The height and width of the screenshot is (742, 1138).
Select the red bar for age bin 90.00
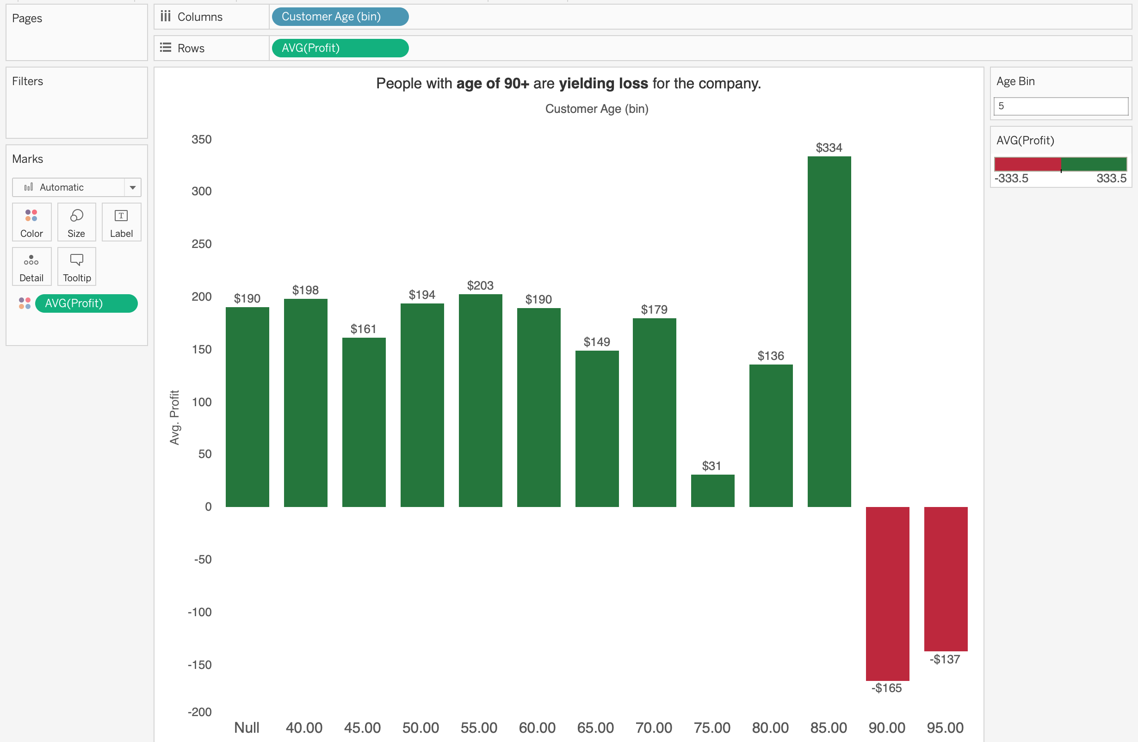pos(887,593)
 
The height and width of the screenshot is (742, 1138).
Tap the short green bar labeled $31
pos(712,490)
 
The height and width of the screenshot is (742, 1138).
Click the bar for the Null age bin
pos(247,406)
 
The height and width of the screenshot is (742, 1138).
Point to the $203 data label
pos(480,285)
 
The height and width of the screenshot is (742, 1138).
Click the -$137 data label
pos(945,659)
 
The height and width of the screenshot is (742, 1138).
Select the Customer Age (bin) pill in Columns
pos(340,17)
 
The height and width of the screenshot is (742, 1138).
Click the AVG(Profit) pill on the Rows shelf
pos(340,48)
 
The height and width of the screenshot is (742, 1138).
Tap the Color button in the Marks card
pos(31,223)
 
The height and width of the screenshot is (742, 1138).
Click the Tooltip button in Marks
pos(76,267)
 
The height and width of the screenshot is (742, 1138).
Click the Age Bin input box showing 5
pos(1061,106)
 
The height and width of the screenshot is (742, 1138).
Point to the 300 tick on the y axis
pos(201,191)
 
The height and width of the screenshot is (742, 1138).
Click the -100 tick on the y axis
pos(199,612)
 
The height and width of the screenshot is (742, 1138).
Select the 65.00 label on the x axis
pos(595,728)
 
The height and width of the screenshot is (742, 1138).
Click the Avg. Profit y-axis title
pos(174,417)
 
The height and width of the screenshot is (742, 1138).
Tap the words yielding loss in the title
pos(603,84)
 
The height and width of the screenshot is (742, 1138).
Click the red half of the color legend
pos(1027,164)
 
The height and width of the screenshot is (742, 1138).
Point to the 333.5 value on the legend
pos(1111,178)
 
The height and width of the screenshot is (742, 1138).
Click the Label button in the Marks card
pos(122,223)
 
